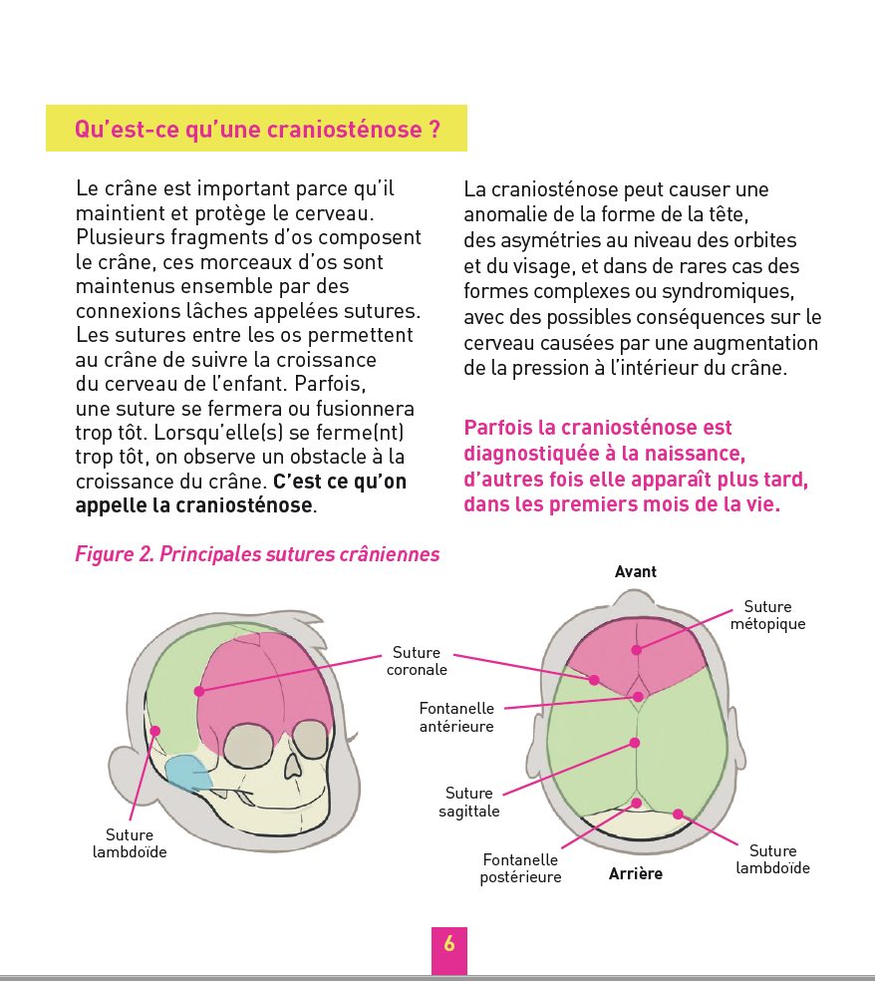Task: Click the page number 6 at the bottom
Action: [449, 944]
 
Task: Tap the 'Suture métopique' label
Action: [767, 615]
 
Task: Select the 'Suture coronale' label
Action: [417, 661]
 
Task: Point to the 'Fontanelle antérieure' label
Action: [456, 717]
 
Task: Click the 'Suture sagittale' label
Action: [469, 802]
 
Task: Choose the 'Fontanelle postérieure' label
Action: [520, 868]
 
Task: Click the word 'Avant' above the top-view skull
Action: [636, 571]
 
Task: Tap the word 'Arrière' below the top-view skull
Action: [636, 874]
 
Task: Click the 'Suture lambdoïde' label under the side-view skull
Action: [130, 843]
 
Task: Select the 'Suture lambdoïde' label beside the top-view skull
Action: [772, 859]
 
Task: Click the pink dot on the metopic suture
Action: [636, 650]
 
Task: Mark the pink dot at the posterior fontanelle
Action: [636, 803]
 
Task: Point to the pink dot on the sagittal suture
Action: [635, 742]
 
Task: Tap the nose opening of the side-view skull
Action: [293, 766]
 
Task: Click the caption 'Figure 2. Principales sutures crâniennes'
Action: [257, 554]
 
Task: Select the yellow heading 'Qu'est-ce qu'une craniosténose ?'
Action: [257, 130]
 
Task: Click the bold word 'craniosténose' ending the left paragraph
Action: [244, 505]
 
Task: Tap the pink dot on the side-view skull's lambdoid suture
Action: [154, 731]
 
